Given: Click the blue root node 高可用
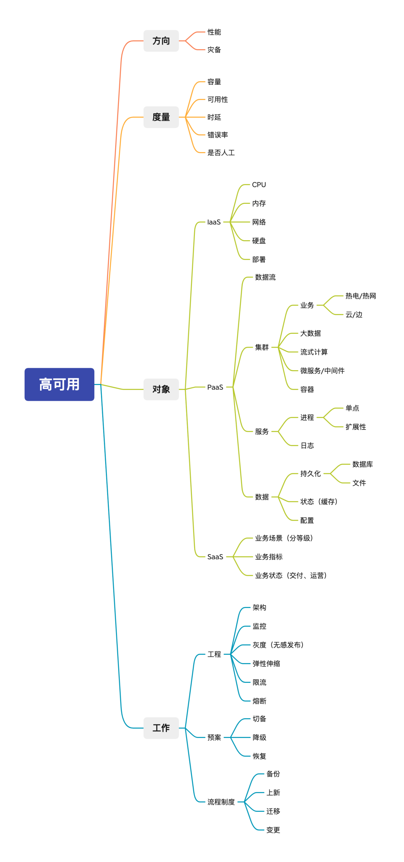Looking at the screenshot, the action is pos(59,384).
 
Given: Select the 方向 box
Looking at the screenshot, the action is pos(161,41).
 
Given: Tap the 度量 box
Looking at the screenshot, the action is pos(161,117).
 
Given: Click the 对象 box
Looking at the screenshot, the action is pos(161,390).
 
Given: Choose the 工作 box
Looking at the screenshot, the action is pos(161,728).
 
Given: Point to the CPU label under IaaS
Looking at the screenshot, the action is pos(259,185).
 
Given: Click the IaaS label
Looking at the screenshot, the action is pos(214,222).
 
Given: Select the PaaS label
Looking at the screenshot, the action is pos(215,387).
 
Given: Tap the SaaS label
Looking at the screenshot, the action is pos(215,557).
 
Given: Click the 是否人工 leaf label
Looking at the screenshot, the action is pos(221,152).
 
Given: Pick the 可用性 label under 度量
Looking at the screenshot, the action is pos(218,100).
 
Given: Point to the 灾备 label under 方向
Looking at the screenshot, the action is pos(214,50).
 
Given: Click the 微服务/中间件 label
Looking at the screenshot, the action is pos(322,371).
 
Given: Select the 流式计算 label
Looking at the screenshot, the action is pos(314,352).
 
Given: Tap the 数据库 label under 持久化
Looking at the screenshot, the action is pos(362,464).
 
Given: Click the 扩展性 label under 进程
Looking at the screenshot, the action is pos(356,427).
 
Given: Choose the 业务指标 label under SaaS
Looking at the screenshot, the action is pos(269,557).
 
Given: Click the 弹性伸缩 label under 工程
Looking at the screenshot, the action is pos(266,664).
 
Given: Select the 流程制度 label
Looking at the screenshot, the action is pos(221,802).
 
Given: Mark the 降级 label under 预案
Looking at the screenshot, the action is pos(259,738).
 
